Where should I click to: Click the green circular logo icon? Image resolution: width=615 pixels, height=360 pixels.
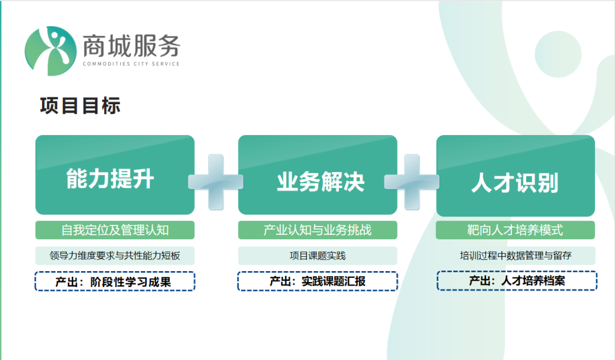coord(50,51)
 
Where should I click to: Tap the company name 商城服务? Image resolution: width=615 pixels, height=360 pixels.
coord(131,44)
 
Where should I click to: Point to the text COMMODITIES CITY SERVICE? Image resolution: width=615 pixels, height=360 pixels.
coord(131,64)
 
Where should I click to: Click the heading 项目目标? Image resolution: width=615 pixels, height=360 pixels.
coord(80,106)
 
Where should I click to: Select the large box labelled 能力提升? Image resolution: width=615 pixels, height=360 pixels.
coord(114,174)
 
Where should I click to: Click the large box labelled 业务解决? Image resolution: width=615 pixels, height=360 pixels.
coord(317,174)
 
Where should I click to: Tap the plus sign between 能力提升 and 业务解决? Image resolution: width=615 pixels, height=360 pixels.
coord(216,182)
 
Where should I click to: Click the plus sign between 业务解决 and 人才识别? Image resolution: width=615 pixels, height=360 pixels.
coord(412,182)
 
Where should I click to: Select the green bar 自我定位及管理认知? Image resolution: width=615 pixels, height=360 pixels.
coord(114,230)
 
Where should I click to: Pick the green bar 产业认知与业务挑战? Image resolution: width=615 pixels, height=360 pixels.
coord(317,230)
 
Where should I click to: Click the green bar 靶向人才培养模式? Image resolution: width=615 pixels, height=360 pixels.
coord(515,230)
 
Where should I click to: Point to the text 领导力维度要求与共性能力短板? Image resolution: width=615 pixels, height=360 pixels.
coord(114,256)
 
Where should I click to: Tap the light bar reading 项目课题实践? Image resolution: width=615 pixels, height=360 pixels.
coord(317,256)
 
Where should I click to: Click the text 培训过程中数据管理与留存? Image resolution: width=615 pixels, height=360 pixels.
coord(515,256)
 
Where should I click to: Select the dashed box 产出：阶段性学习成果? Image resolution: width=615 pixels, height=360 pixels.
coord(114,281)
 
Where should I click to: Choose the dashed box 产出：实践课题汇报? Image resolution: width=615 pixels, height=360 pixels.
coord(317,281)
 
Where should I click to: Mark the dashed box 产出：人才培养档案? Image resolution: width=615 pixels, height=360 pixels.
coord(516,280)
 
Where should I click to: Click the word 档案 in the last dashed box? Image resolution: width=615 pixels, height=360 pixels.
coord(553,280)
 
